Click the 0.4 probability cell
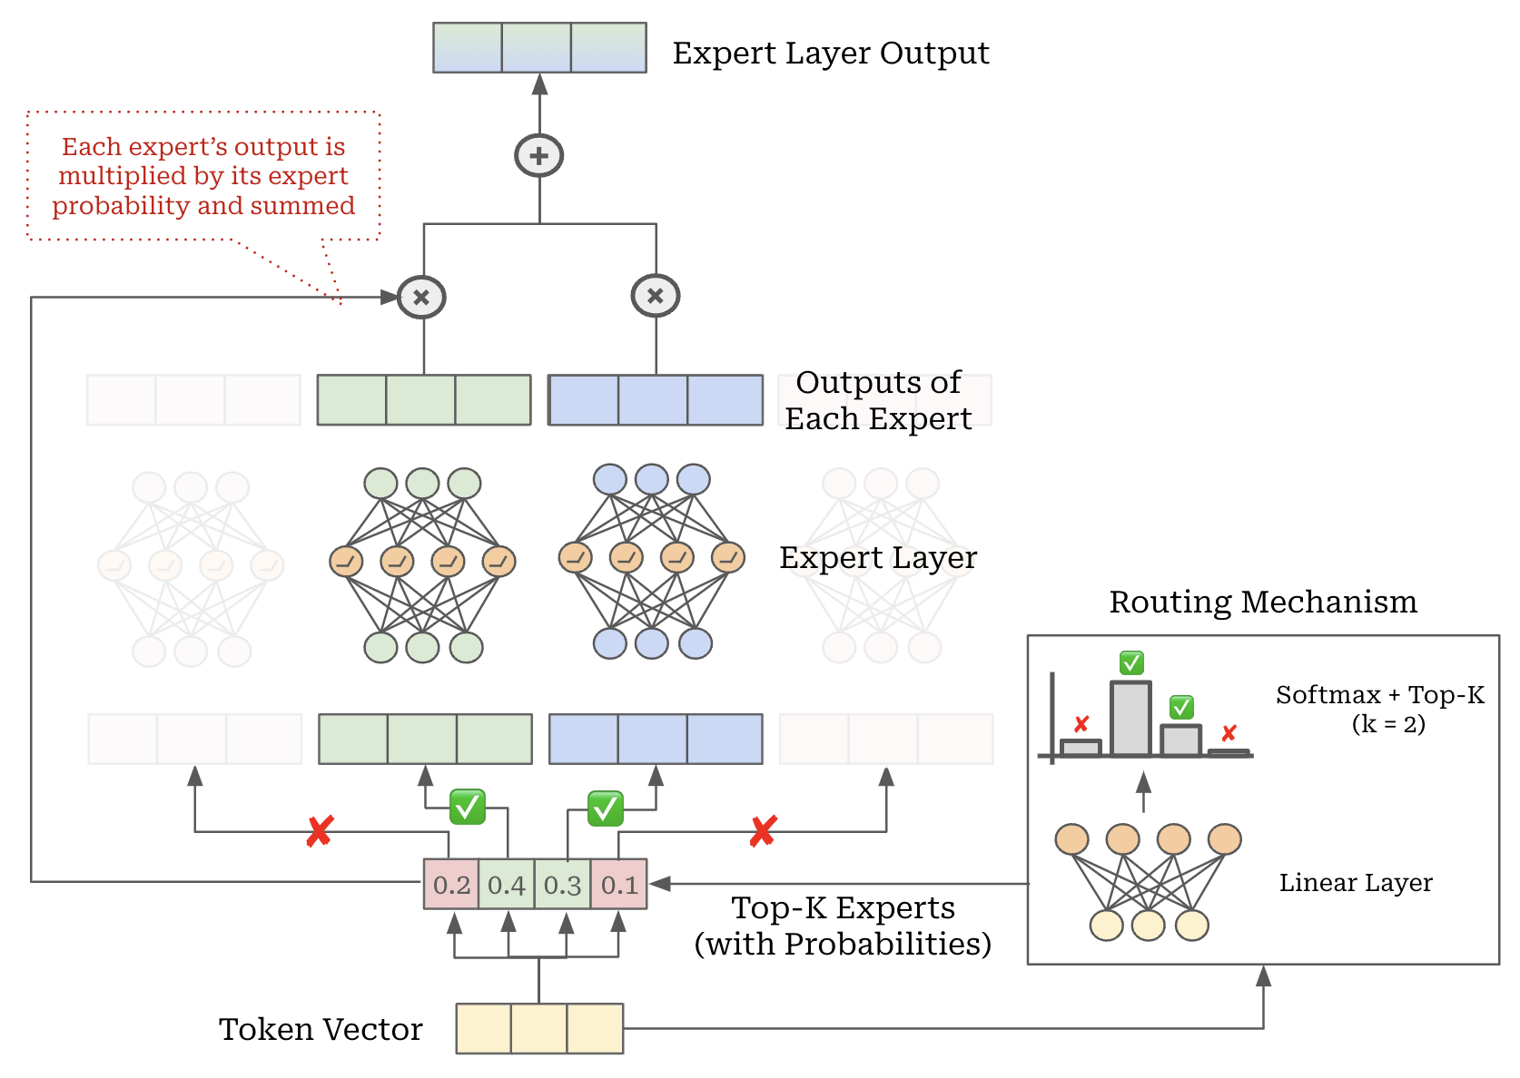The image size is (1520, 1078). click(x=507, y=885)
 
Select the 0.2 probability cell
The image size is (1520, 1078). click(x=451, y=885)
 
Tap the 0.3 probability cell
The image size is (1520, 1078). click(x=562, y=885)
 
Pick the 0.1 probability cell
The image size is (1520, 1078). click(x=619, y=885)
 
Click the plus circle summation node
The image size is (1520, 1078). click(x=539, y=156)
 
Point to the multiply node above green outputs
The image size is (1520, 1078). click(x=422, y=297)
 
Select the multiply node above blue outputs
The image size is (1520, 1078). click(x=656, y=296)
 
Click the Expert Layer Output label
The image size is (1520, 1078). click(x=830, y=53)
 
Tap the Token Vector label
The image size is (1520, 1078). click(x=321, y=1029)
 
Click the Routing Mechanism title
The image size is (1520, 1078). click(x=1262, y=602)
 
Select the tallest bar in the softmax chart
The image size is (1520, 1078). click(x=1130, y=719)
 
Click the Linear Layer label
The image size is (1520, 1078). click(x=1355, y=883)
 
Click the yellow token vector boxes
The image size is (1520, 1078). click(x=539, y=1028)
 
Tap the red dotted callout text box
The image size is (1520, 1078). click(x=203, y=176)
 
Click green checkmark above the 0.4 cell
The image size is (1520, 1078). click(x=468, y=806)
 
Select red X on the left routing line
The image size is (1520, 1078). click(x=320, y=830)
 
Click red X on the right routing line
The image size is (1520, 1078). click(x=763, y=830)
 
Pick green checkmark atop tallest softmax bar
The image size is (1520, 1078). click(x=1131, y=662)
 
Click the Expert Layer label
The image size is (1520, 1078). click(x=877, y=557)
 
